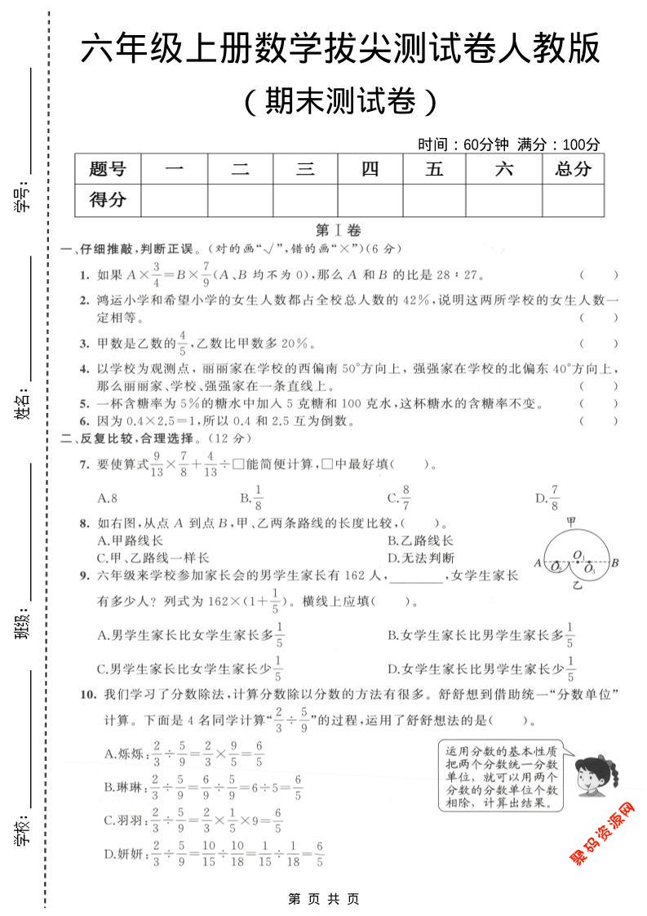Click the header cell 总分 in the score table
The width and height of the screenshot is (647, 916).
click(573, 170)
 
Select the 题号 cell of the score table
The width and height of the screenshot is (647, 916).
click(108, 170)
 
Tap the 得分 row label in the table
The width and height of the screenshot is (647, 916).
click(108, 200)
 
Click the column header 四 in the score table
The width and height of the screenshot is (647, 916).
click(370, 170)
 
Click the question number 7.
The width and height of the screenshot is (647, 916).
click(84, 465)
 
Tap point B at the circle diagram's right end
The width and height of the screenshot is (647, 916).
click(615, 562)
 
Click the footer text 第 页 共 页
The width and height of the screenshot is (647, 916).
click(324, 898)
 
